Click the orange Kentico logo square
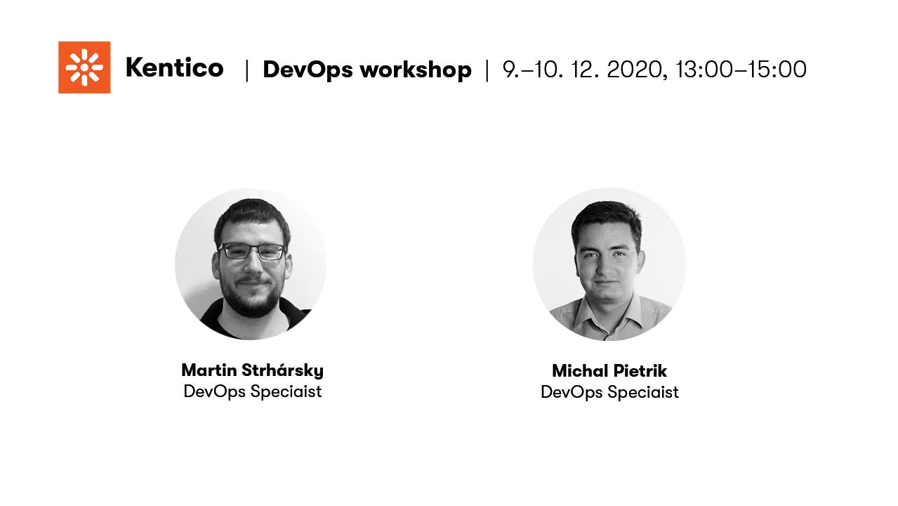84,67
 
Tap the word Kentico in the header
174,67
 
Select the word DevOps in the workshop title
308,70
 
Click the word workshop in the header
416,70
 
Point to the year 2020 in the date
638,70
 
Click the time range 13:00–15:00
741,70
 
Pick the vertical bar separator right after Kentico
246,70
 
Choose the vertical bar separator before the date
487,70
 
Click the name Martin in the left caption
209,370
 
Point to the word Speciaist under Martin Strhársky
286,392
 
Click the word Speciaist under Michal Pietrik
643,393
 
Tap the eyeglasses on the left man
253,251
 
